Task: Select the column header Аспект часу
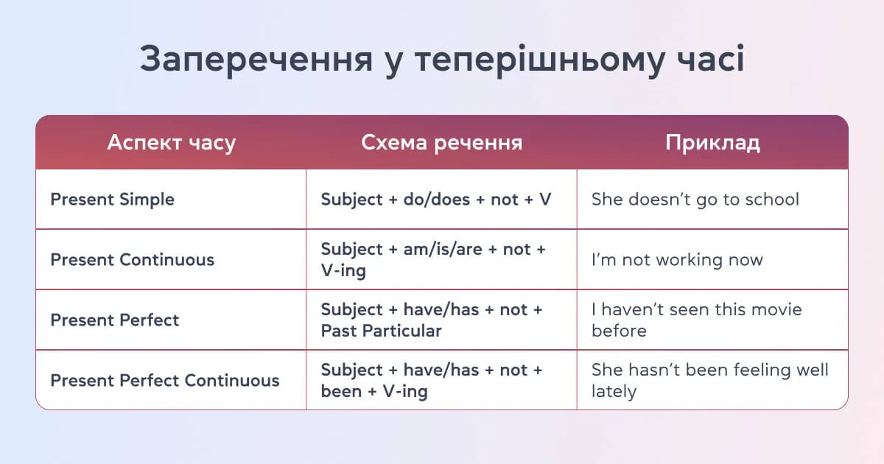tap(171, 142)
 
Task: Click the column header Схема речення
tap(441, 142)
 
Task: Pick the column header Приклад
tap(712, 142)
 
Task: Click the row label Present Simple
tap(112, 200)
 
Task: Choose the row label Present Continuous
tap(132, 260)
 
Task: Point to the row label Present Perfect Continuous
tap(164, 381)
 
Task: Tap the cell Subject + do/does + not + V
tap(435, 200)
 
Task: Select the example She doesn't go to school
tap(695, 200)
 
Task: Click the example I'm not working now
tap(677, 260)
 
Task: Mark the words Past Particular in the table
tap(381, 331)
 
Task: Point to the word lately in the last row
tap(614, 391)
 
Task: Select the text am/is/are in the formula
tap(442, 250)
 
